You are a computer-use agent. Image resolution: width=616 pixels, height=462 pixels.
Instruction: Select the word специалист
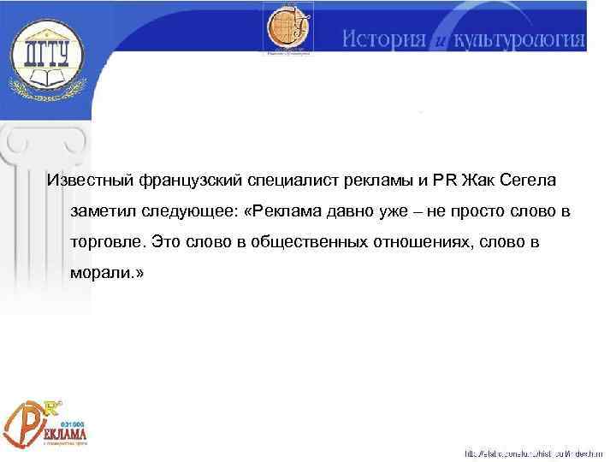[291, 181]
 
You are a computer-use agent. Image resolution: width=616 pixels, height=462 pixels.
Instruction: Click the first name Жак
[477, 181]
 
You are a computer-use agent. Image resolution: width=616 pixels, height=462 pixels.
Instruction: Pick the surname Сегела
[531, 181]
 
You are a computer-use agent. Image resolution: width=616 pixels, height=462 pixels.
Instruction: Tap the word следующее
[185, 211]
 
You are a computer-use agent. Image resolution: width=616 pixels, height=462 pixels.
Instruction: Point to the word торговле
[104, 242]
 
